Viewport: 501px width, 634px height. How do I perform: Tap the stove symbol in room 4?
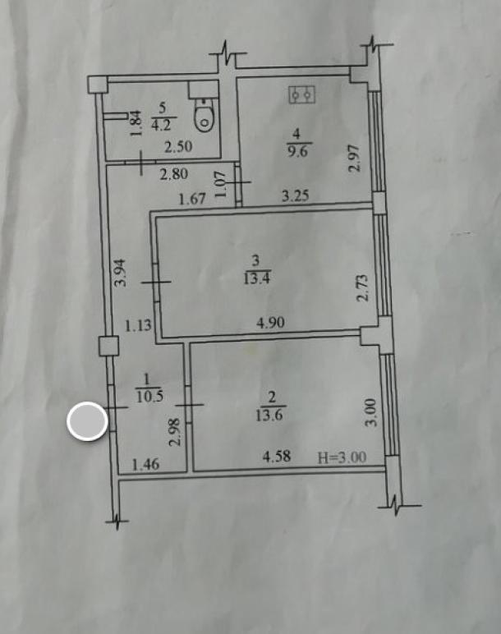[x=302, y=95]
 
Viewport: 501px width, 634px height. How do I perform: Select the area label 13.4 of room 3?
[x=256, y=278]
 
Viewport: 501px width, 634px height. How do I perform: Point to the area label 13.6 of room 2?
[x=269, y=416]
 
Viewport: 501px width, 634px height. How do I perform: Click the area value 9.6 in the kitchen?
[x=297, y=151]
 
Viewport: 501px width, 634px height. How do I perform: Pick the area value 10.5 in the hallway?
[x=149, y=397]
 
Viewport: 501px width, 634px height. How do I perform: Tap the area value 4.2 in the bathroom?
[x=161, y=125]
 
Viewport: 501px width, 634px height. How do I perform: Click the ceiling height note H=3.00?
[x=342, y=457]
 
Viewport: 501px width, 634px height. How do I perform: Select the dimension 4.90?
[x=270, y=323]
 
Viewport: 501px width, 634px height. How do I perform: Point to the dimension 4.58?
[x=277, y=457]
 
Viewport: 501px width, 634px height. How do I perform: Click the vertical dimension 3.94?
[x=121, y=273]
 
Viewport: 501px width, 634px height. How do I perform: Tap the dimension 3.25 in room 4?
[x=295, y=196]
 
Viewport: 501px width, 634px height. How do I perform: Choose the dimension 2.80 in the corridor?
[x=174, y=174]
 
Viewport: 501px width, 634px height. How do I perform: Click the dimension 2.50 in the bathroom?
[x=178, y=146]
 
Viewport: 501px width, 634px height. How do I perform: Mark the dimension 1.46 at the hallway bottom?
[x=146, y=465]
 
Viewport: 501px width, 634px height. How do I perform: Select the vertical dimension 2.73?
[x=363, y=288]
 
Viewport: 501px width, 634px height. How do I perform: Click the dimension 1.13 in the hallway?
[x=138, y=325]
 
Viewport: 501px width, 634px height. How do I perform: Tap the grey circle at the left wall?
[x=87, y=421]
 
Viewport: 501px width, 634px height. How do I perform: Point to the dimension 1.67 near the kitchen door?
[x=192, y=199]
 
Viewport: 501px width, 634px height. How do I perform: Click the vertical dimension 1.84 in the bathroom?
[x=136, y=123]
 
